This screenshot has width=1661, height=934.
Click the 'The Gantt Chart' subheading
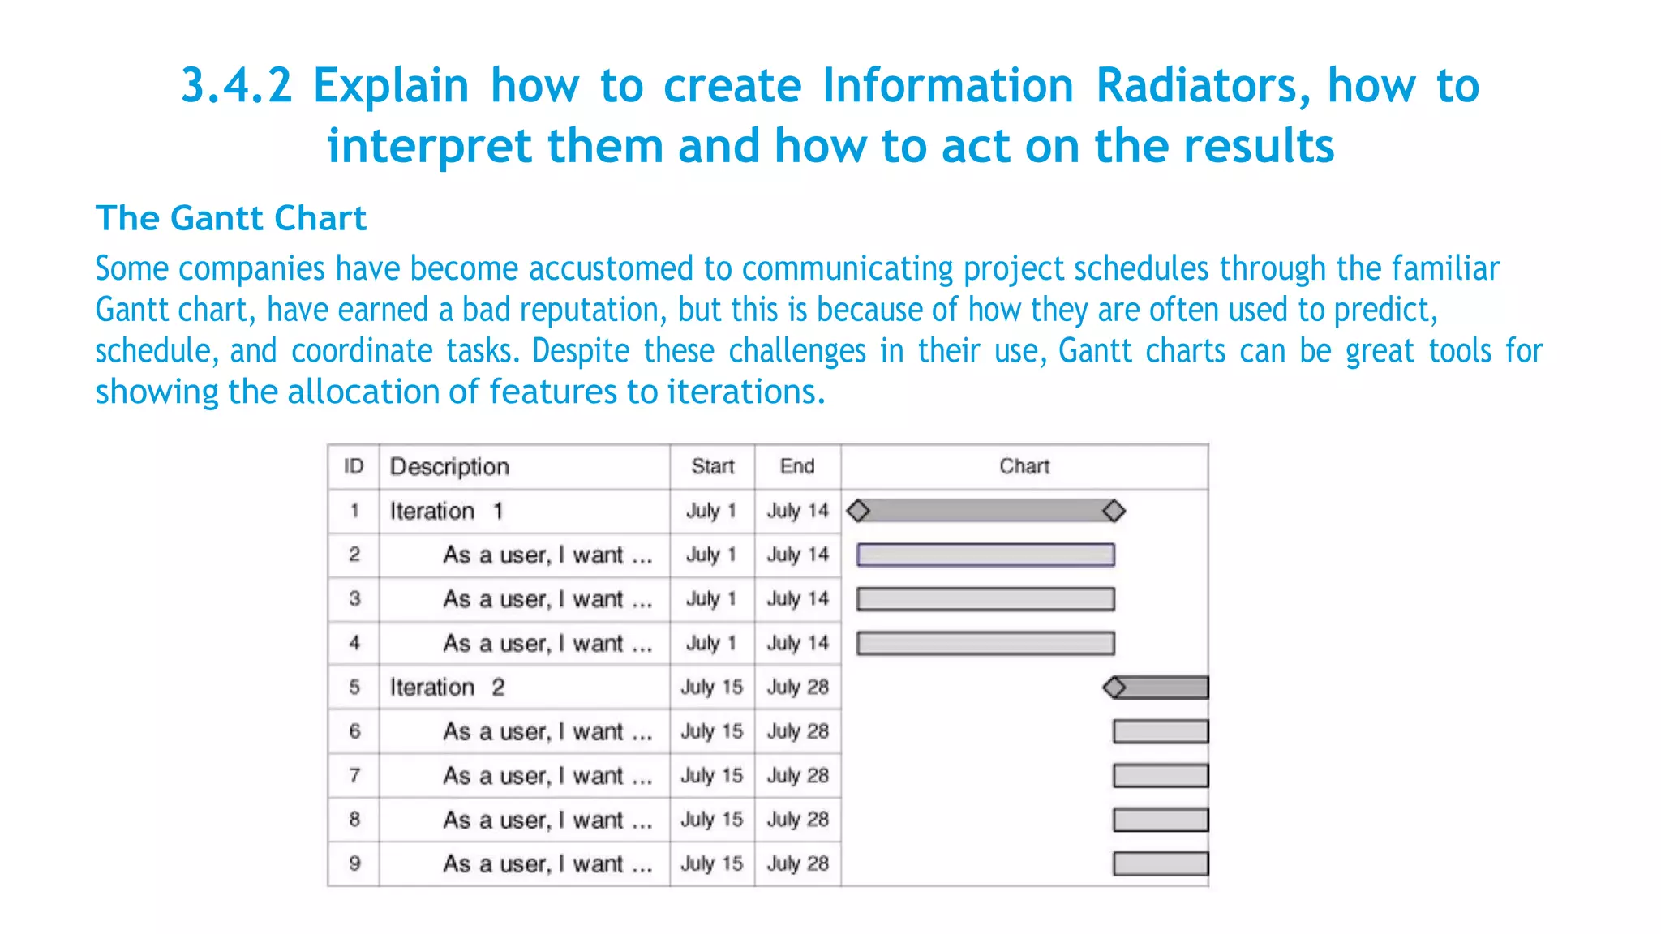point(231,218)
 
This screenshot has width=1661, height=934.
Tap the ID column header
point(354,466)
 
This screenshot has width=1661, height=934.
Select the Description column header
point(449,466)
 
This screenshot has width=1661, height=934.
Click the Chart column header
point(1024,466)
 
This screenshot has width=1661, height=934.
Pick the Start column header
point(712,466)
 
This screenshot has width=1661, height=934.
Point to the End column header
point(797,466)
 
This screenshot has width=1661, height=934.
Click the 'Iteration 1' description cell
point(447,511)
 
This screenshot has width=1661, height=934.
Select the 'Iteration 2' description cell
point(447,688)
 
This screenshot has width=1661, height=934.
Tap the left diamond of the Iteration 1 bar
point(858,511)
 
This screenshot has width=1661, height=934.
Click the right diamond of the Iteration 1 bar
point(1114,511)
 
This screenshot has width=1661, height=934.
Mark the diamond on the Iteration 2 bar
point(1115,688)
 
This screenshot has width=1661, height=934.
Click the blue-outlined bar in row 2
point(985,555)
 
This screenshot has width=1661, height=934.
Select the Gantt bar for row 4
point(985,643)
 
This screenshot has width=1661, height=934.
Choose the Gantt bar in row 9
point(1161,863)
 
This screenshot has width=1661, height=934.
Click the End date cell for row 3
point(798,599)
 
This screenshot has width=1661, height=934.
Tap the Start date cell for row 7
point(712,776)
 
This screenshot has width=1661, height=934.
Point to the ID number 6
point(354,731)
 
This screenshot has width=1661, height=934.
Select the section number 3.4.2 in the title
point(236,86)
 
